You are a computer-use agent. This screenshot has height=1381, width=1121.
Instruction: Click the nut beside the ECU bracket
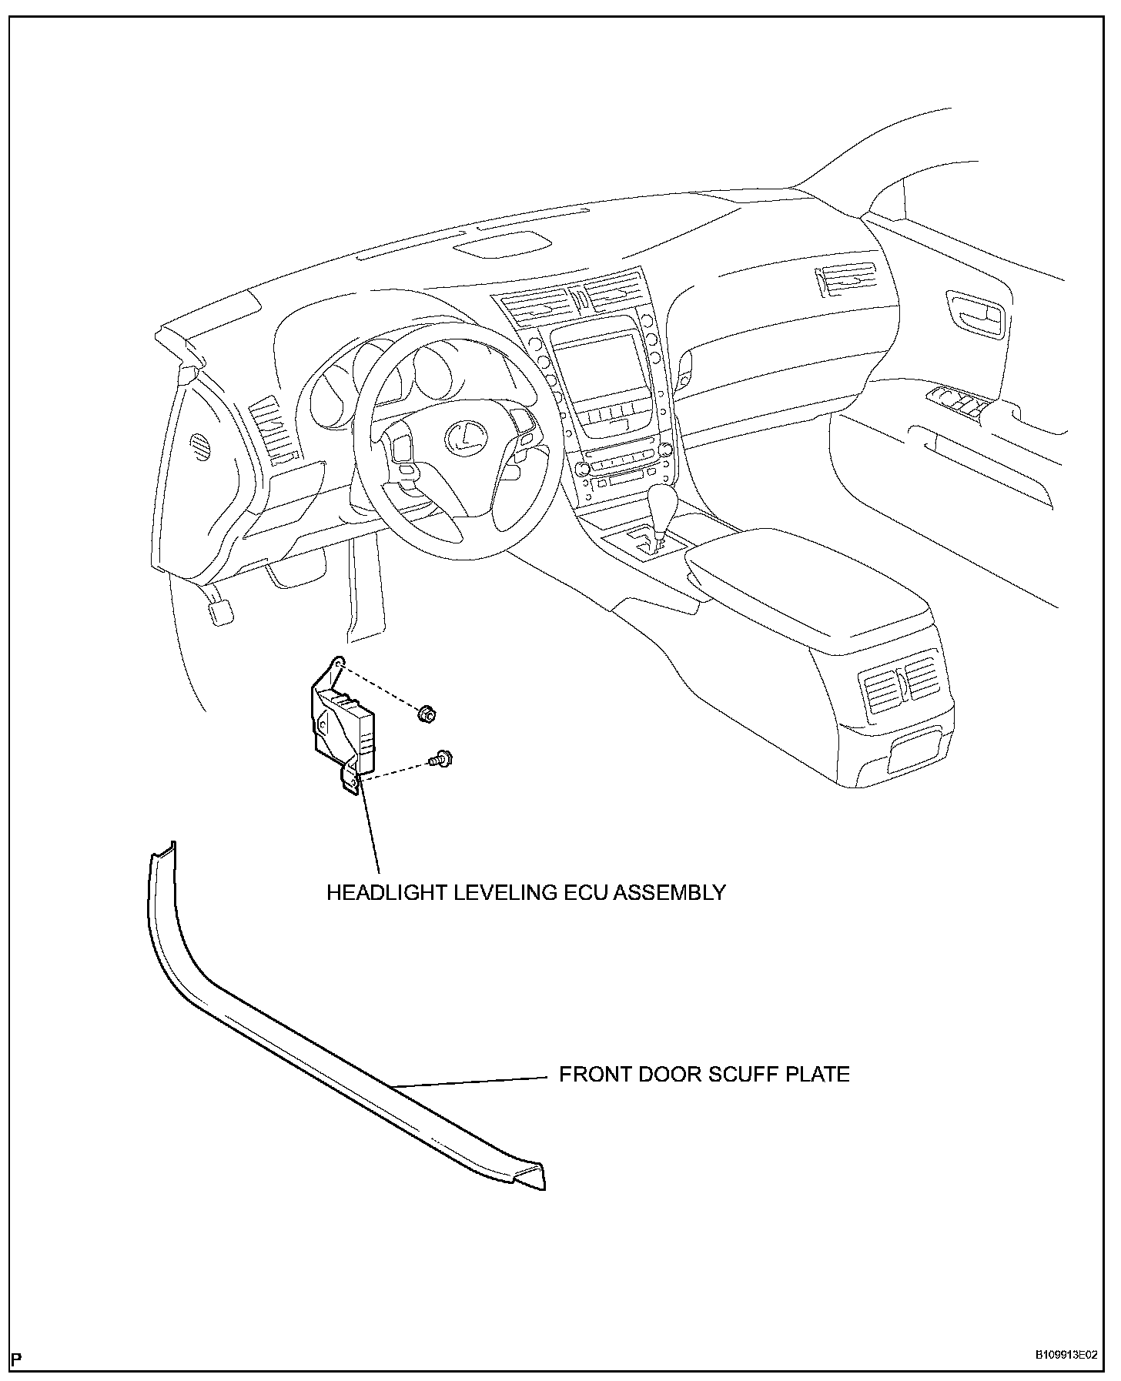click(x=425, y=714)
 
